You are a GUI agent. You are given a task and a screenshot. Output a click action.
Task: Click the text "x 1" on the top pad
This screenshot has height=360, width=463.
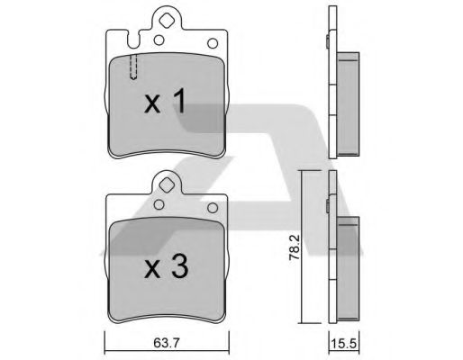(x=165, y=103)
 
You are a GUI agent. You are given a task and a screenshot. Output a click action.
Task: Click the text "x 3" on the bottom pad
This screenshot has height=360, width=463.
(x=165, y=267)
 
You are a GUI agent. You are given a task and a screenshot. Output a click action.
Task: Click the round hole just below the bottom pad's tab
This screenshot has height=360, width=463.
(x=159, y=205)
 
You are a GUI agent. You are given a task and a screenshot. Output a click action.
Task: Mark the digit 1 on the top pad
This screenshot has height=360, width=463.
(x=178, y=103)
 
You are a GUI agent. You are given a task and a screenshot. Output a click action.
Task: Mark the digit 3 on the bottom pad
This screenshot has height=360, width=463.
(x=178, y=267)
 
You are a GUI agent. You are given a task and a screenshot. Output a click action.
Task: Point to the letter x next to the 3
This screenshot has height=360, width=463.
(x=150, y=269)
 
